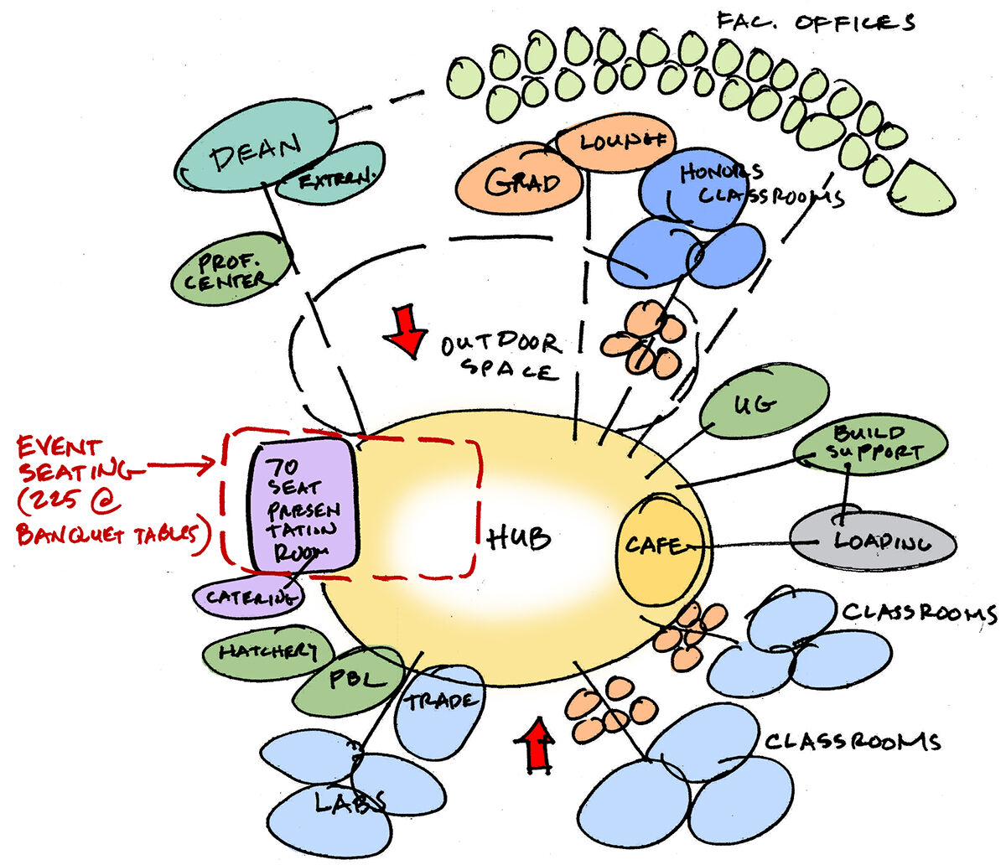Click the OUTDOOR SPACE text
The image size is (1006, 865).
tap(501, 355)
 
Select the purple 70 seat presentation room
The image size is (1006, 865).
tap(303, 505)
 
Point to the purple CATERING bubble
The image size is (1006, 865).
tap(249, 597)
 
